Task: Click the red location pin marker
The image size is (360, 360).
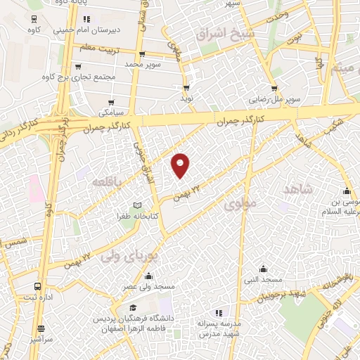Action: point(181,165)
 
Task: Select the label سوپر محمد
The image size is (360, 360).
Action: point(144,64)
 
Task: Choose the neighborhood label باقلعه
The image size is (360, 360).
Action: point(110,181)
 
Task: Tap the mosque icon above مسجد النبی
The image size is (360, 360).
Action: point(263,269)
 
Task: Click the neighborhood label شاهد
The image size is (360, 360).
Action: point(296,189)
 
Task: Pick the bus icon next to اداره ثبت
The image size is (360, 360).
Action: point(37,286)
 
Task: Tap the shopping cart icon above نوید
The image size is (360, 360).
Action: point(186,87)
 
